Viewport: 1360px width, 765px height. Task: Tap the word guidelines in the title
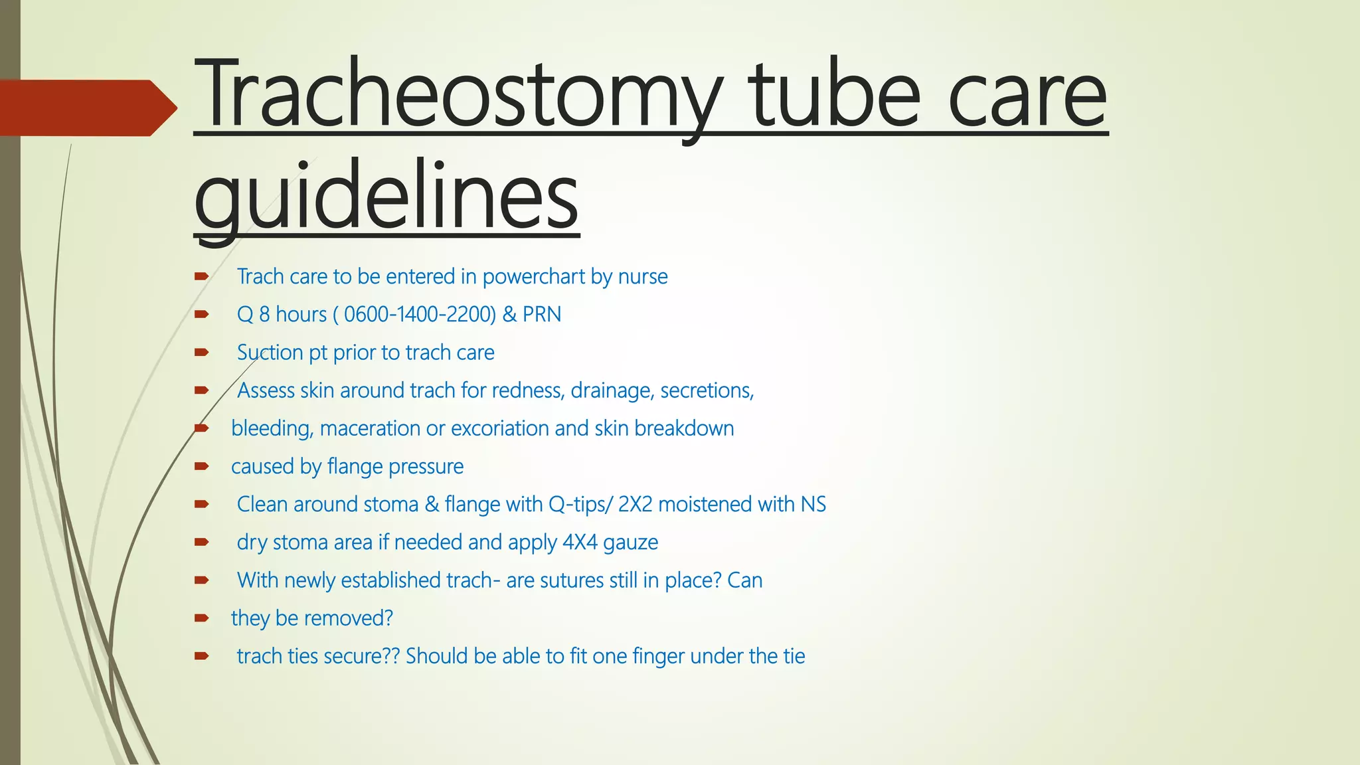point(386,196)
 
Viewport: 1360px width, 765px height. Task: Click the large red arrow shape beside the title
point(86,108)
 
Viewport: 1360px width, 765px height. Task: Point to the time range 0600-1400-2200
point(420,314)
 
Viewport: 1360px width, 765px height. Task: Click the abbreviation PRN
point(541,314)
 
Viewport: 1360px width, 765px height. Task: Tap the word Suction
point(270,352)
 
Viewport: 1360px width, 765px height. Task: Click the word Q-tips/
point(580,505)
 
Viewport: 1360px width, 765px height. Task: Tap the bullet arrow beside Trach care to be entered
point(202,276)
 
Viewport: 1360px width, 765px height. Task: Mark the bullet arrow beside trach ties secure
point(202,656)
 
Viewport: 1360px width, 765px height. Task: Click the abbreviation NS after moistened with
point(813,505)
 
